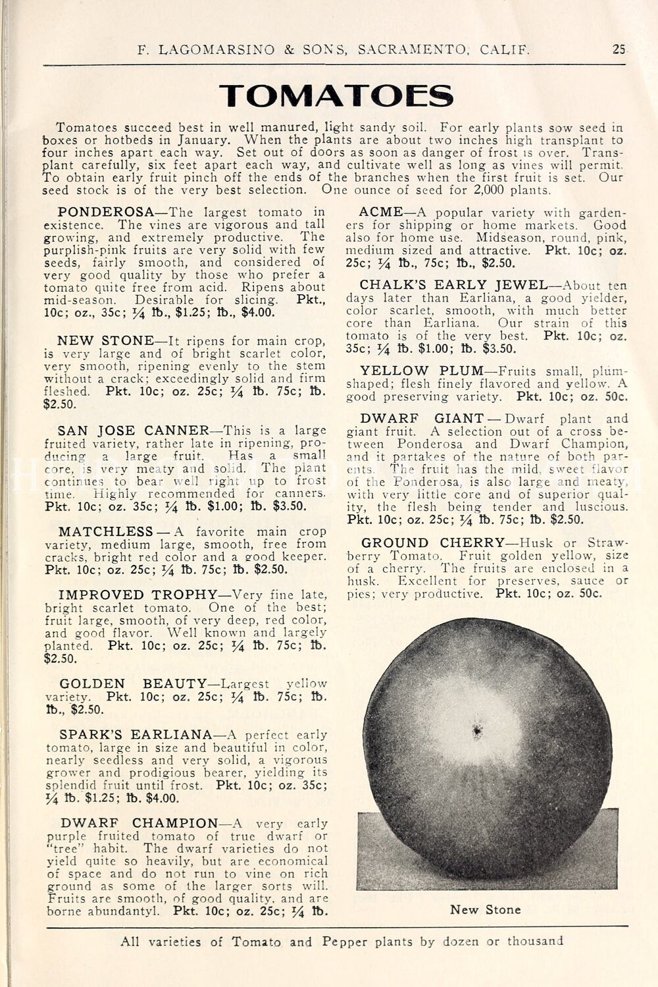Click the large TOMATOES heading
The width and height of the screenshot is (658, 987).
point(336,96)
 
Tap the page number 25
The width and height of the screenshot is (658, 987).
point(619,48)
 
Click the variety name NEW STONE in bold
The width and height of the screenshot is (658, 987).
point(105,340)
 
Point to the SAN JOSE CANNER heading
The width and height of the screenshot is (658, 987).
point(134,431)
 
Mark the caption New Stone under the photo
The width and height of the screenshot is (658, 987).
point(485,910)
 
